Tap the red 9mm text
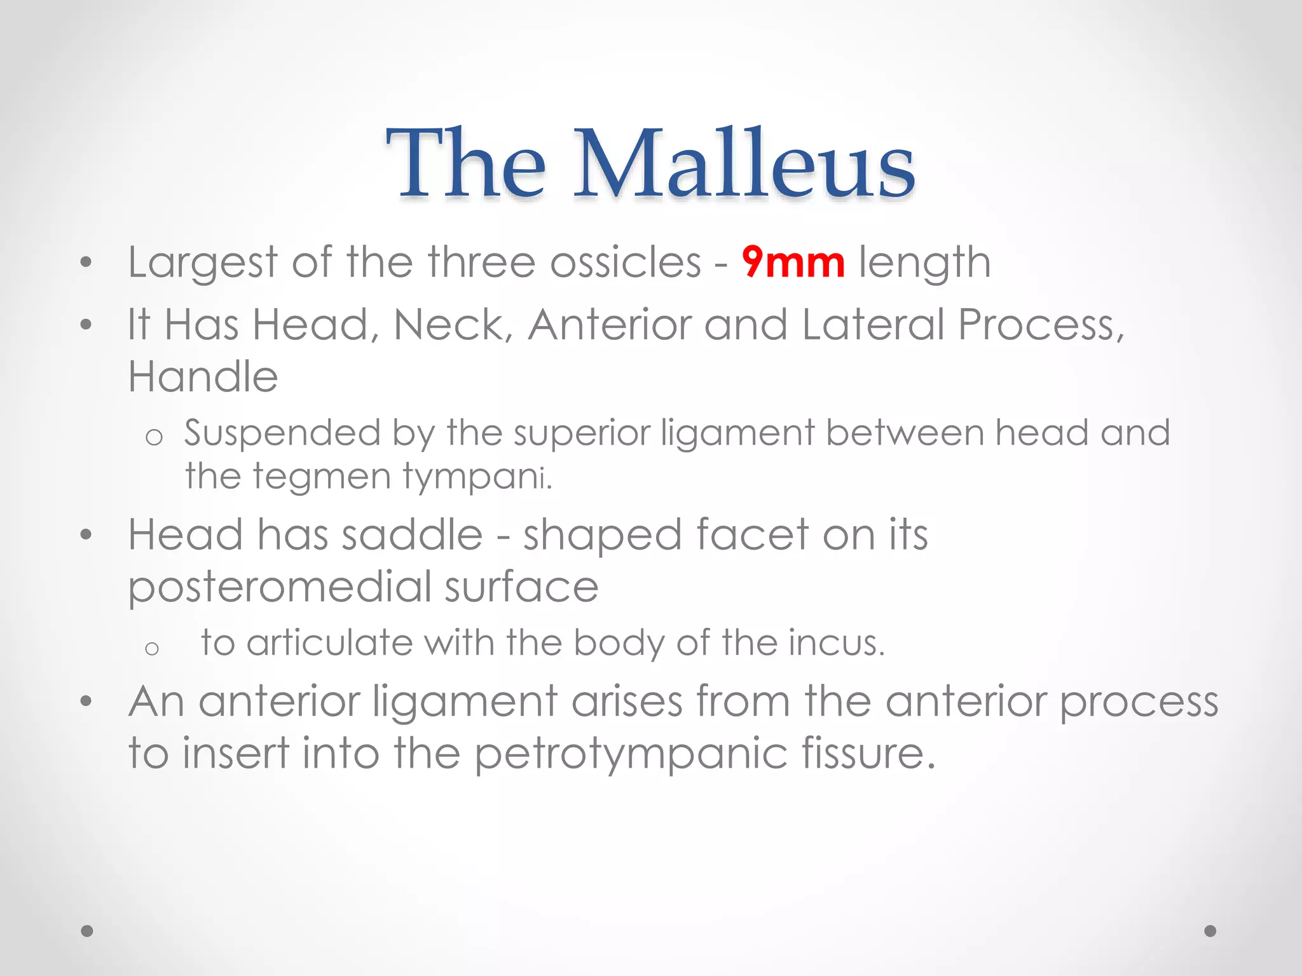click(x=793, y=262)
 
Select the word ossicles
click(x=626, y=262)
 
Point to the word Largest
click(x=203, y=263)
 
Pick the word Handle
click(x=203, y=376)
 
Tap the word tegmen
click(x=321, y=477)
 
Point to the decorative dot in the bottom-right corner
click(x=1210, y=931)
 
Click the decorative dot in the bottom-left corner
click(x=87, y=931)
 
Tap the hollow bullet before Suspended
click(x=154, y=437)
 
